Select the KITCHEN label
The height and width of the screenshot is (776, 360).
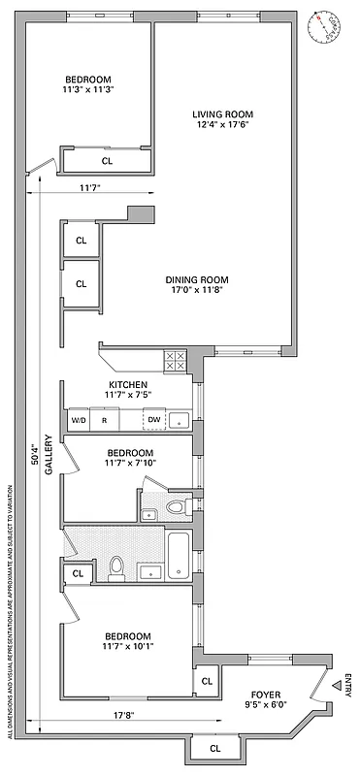pyautogui.click(x=127, y=384)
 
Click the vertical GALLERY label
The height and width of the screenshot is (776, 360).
pyautogui.click(x=48, y=459)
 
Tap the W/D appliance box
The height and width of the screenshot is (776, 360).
pyautogui.click(x=79, y=420)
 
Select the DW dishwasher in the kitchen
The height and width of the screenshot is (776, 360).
pyautogui.click(x=153, y=420)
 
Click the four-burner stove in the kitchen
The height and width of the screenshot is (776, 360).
pyautogui.click(x=175, y=361)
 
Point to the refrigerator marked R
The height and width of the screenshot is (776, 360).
pyautogui.click(x=105, y=420)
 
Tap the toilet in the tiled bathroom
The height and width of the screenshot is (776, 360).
pyautogui.click(x=117, y=566)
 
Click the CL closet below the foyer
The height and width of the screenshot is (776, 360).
pyautogui.click(x=214, y=748)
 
